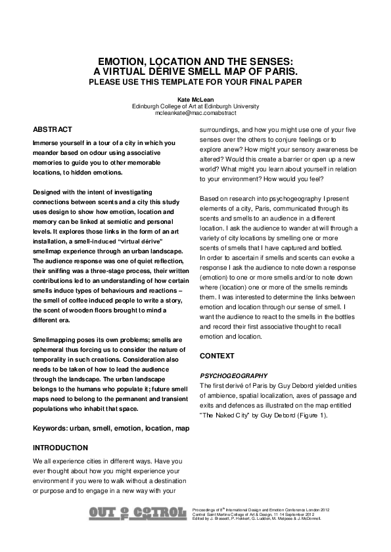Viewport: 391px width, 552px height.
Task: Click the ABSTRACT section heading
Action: point(53,129)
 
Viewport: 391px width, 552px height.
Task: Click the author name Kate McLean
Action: point(195,99)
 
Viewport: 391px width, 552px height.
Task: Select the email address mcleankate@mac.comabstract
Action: point(195,113)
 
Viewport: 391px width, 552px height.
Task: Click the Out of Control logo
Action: point(137,512)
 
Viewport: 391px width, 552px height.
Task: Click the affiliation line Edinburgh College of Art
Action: point(195,106)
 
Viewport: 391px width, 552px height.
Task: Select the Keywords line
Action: point(112,428)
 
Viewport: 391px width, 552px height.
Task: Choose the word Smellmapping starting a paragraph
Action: point(56,339)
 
